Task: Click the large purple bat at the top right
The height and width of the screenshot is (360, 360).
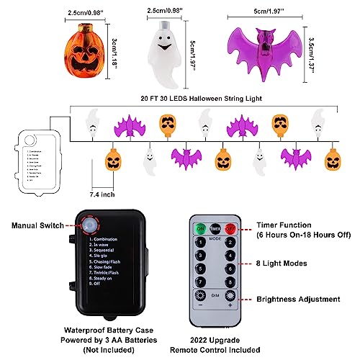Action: (x=262, y=50)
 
